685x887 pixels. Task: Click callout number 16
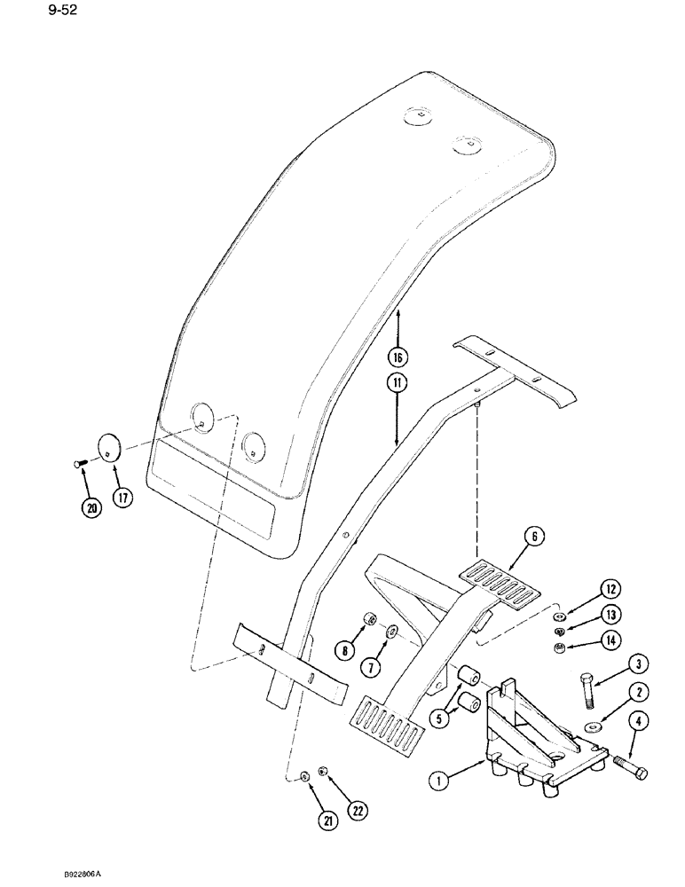(398, 357)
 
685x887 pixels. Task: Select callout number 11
(398, 384)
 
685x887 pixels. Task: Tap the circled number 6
(534, 536)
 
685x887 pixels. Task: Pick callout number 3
(614, 663)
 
